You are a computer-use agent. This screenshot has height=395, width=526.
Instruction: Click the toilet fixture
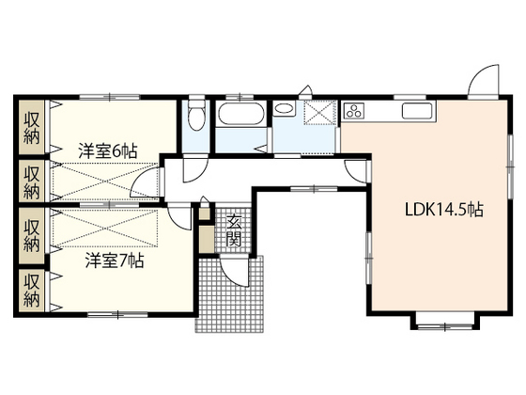195,118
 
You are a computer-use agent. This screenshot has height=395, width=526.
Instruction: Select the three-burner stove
358,112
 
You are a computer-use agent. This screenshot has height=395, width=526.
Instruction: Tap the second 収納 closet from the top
31,180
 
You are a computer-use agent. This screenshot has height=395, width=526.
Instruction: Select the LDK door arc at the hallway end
355,169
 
